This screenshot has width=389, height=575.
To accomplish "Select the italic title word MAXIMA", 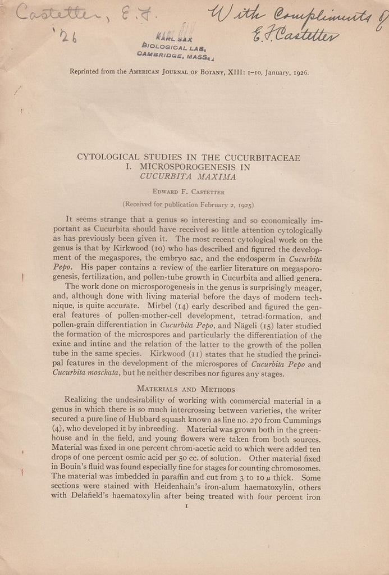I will tap(210, 176).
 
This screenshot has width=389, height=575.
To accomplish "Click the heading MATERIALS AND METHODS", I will tap(185, 390).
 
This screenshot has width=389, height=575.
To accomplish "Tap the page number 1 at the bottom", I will tap(186, 506).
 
